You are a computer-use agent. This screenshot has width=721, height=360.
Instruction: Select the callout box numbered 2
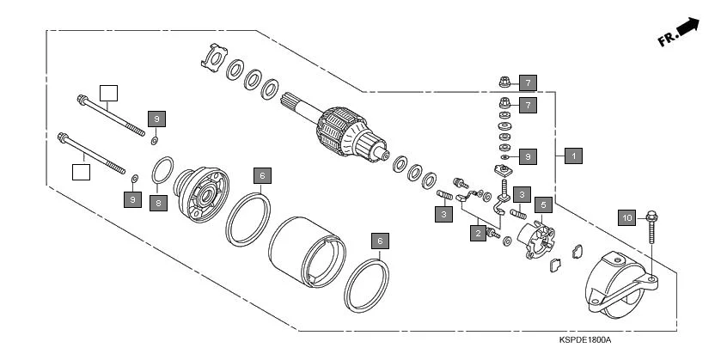point(476,232)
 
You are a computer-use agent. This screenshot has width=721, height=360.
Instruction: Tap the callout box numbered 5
point(542,204)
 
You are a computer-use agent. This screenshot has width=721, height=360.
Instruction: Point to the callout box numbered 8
point(158,203)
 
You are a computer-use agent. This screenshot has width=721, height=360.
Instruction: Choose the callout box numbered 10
point(627,218)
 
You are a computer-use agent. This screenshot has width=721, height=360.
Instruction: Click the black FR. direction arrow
point(687,29)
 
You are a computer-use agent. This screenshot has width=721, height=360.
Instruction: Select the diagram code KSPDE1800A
point(584,340)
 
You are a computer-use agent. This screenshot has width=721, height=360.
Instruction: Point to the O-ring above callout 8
point(164,171)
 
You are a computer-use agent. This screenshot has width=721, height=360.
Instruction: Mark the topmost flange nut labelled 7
point(504,82)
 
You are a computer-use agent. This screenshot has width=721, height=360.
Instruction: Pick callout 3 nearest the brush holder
point(522,194)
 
